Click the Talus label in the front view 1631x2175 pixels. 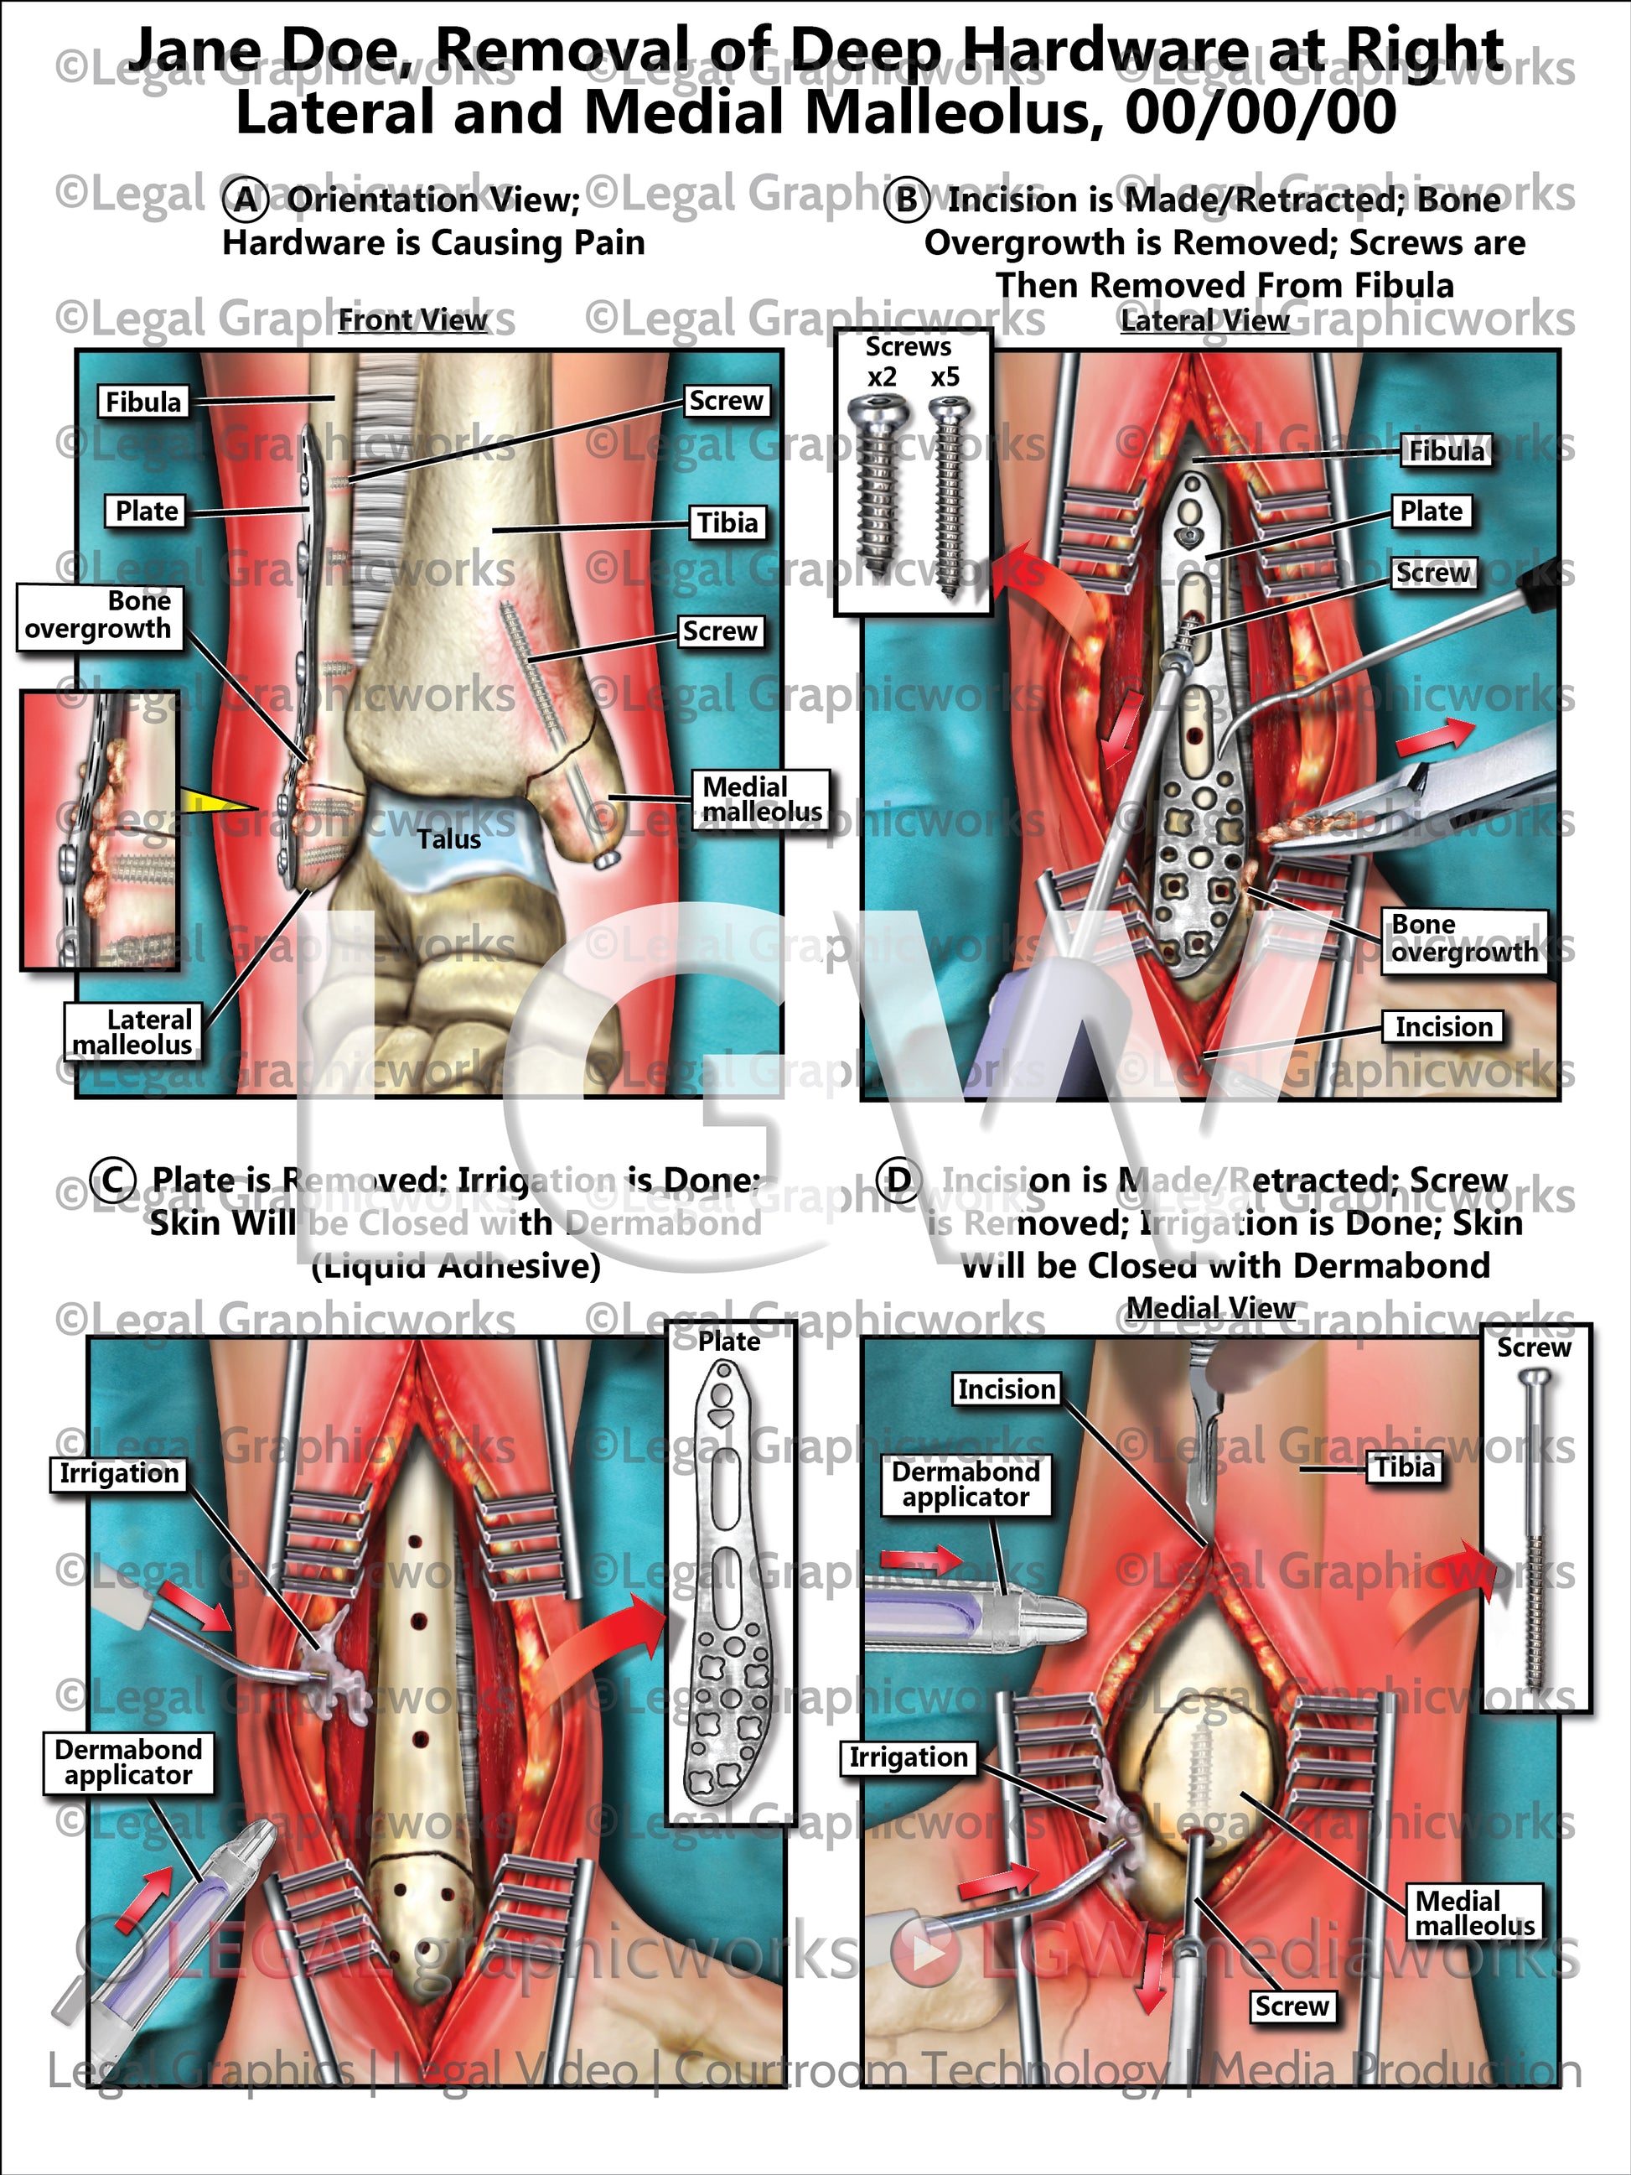click(448, 838)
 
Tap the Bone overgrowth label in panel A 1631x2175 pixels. click(99, 615)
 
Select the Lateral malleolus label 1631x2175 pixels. click(132, 1031)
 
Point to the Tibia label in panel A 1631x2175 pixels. click(727, 522)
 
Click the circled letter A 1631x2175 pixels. click(245, 200)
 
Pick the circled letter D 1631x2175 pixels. click(898, 1180)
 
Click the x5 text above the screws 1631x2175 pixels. click(945, 376)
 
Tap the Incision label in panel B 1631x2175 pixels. click(1442, 1026)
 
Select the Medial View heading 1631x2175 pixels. click(1209, 1308)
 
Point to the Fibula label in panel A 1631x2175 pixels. click(143, 401)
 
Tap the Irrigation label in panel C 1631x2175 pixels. click(119, 1473)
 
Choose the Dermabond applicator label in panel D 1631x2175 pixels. click(966, 1485)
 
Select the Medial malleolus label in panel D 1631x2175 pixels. click(1473, 1913)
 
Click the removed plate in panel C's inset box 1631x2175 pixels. click(729, 1583)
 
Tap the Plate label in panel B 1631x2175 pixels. click(1431, 511)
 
